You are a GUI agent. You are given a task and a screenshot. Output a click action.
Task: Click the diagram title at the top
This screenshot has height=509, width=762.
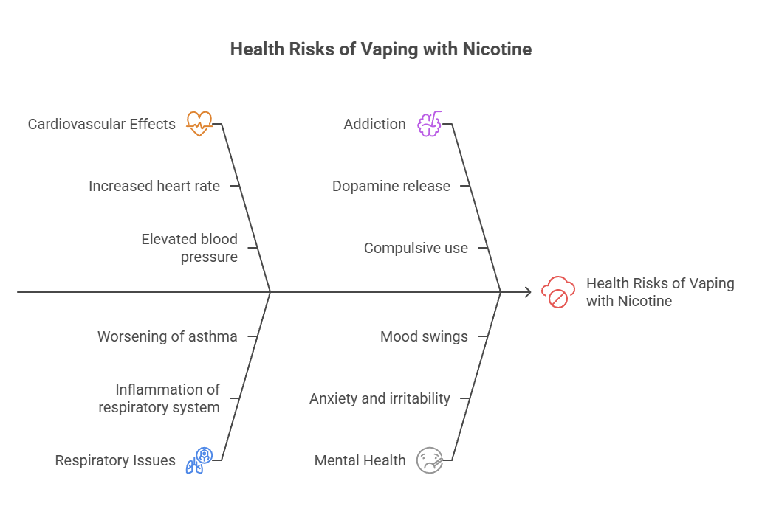(380, 49)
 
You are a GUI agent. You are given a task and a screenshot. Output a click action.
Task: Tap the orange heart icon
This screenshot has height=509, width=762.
(199, 124)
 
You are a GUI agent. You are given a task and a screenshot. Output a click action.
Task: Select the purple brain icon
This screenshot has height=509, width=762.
(429, 124)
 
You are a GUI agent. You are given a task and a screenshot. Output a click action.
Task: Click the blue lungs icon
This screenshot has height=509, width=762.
(199, 460)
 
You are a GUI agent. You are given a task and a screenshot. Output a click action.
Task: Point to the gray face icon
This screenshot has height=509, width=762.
(429, 460)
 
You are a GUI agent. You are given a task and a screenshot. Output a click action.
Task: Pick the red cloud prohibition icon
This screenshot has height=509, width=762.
(558, 292)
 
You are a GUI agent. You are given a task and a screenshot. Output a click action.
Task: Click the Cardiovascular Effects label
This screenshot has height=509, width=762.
(102, 124)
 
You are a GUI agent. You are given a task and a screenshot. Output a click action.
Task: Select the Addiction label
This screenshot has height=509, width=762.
(374, 124)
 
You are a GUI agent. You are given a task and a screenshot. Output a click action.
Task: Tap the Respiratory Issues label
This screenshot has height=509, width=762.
(115, 460)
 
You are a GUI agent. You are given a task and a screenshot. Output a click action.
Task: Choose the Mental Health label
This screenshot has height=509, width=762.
(360, 460)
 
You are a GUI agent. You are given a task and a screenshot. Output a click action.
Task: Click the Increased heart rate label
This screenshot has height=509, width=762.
(154, 186)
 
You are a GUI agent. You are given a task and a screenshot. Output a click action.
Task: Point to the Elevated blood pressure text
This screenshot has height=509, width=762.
(190, 248)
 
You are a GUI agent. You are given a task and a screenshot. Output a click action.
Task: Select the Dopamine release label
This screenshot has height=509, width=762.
(391, 186)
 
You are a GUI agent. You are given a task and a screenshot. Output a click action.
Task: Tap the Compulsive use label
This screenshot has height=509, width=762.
(416, 249)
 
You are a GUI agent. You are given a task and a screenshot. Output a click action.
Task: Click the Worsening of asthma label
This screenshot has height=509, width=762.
(168, 336)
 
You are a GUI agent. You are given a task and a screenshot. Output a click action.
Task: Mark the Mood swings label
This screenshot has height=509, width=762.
(424, 336)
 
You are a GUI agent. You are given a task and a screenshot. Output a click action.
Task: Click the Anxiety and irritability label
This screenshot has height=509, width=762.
(380, 398)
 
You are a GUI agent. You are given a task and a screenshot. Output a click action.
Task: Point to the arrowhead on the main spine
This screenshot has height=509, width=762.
(528, 292)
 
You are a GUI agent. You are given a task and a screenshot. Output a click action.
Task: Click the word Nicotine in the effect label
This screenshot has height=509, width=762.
(645, 301)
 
